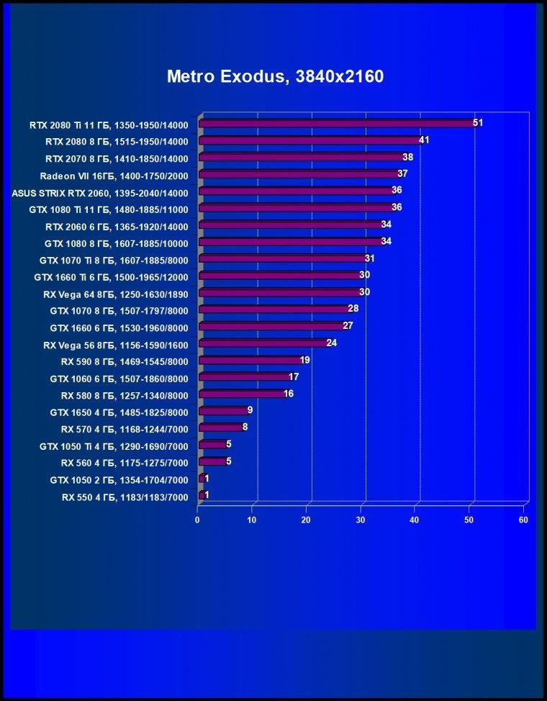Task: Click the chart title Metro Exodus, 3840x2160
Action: tap(275, 76)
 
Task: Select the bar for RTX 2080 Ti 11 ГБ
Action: tap(338, 123)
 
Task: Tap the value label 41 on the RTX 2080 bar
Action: tap(424, 140)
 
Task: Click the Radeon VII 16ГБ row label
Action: tap(114, 176)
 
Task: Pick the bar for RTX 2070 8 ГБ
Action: tap(302, 157)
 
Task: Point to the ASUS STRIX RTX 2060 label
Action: tap(100, 193)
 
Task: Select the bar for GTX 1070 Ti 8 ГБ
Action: tap(283, 258)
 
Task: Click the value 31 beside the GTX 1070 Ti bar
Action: tap(369, 258)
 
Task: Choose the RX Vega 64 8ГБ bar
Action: tap(280, 292)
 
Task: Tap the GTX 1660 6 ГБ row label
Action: tap(119, 328)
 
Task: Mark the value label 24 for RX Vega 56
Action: tap(331, 343)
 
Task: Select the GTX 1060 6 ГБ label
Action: tap(119, 379)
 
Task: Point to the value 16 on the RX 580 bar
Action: tap(289, 394)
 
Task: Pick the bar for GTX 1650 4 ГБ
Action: tap(222, 410)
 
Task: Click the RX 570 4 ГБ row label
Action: tap(125, 429)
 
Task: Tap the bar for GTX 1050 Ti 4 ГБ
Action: tap(212, 444)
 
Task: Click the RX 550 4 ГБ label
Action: tap(125, 497)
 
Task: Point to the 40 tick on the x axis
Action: tap(415, 520)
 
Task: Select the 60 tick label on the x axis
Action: tap(523, 520)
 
